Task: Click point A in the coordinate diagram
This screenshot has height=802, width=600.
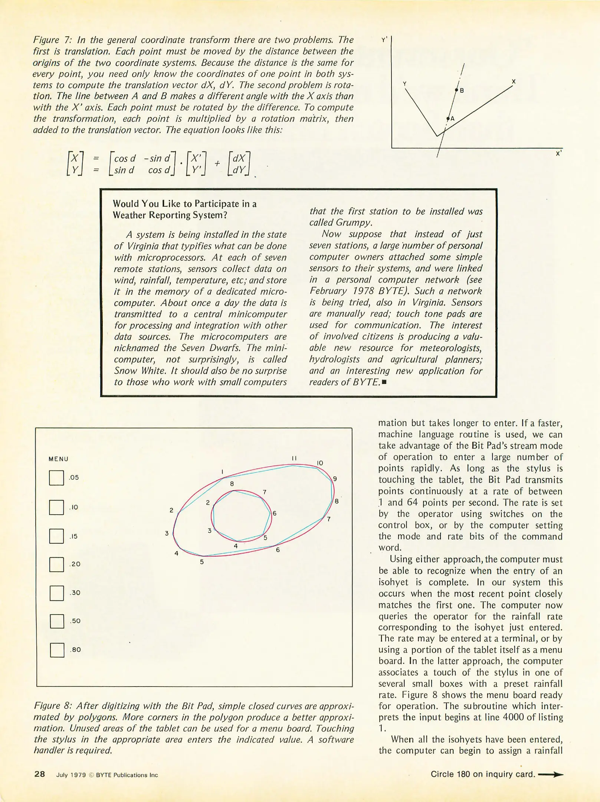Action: [x=448, y=119]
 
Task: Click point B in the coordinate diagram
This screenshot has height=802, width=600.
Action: [x=457, y=90]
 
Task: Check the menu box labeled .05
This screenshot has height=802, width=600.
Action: [x=56, y=478]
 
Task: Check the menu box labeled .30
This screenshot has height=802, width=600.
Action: [x=56, y=593]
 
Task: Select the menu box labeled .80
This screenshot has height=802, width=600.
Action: [x=57, y=650]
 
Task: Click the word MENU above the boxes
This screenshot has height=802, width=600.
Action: [x=59, y=459]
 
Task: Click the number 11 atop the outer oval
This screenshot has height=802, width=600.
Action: [x=294, y=458]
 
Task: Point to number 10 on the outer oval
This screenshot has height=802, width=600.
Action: [x=320, y=463]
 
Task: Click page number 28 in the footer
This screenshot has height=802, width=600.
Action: [x=40, y=774]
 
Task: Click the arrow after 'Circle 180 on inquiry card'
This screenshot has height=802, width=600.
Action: [x=551, y=775]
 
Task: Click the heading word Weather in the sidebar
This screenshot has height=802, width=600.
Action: [x=129, y=215]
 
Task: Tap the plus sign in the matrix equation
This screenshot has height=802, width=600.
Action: [x=217, y=163]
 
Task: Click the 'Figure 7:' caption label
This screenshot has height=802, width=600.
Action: [x=52, y=40]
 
